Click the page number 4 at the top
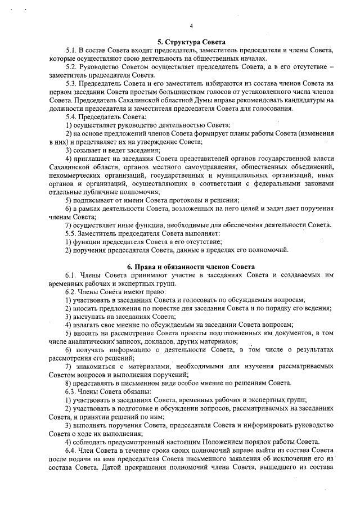[191, 26]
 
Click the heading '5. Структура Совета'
[191, 42]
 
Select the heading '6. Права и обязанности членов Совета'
[191, 266]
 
